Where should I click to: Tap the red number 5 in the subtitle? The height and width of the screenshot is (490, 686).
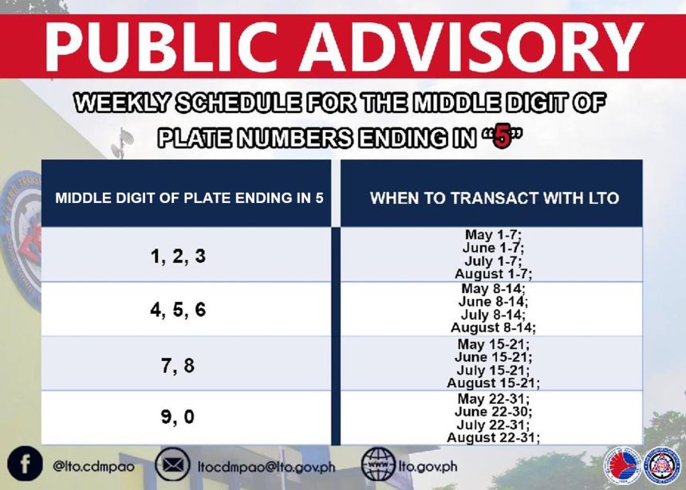pyautogui.click(x=500, y=138)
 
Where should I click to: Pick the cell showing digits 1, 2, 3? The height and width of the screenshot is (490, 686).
pyautogui.click(x=178, y=257)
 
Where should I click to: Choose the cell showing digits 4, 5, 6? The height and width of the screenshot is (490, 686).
pyautogui.click(x=178, y=310)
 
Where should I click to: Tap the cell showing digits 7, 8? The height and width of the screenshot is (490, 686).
pyautogui.click(x=178, y=366)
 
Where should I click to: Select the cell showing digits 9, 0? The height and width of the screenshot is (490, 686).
pyautogui.click(x=178, y=417)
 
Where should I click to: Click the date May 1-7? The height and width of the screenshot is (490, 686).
pyautogui.click(x=493, y=235)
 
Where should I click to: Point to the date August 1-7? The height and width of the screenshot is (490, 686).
pyautogui.click(x=493, y=273)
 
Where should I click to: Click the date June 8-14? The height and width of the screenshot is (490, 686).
pyautogui.click(x=493, y=302)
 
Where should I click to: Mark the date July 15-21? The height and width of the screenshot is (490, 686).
pyautogui.click(x=493, y=370)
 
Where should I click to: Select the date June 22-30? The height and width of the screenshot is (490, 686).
pyautogui.click(x=493, y=412)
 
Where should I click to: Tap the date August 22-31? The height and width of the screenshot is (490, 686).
pyautogui.click(x=493, y=437)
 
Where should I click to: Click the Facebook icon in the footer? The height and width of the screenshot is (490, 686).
pyautogui.click(x=25, y=465)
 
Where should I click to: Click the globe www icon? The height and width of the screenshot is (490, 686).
pyautogui.click(x=378, y=465)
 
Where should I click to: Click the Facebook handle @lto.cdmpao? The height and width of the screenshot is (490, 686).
pyautogui.click(x=94, y=466)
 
